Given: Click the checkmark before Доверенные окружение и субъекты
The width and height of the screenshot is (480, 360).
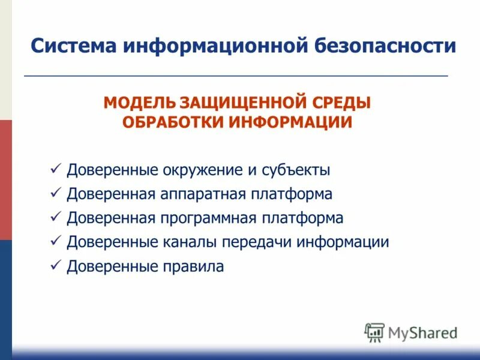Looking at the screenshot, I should click(56, 169).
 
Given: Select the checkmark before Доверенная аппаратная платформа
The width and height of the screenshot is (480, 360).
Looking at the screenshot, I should click(56, 193).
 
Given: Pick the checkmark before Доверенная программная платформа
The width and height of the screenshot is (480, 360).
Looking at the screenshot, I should click(56, 217).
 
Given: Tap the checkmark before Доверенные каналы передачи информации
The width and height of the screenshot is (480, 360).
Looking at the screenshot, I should click(56, 241).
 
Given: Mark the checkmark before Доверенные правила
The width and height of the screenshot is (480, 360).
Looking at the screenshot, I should click(56, 265).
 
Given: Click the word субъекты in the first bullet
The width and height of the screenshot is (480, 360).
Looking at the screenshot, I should click(296, 170).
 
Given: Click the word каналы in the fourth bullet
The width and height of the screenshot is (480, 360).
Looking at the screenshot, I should click(190, 242).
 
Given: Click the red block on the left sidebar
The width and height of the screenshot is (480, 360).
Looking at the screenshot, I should click(5, 180).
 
